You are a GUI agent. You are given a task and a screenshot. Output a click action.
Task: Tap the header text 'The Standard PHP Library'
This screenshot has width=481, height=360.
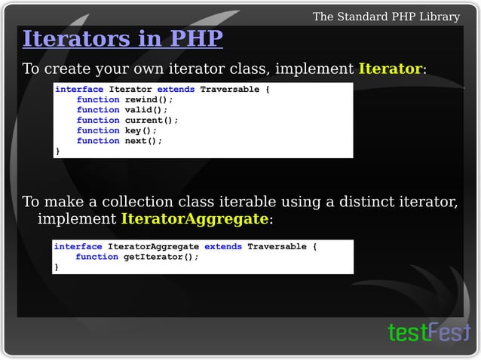click(385, 17)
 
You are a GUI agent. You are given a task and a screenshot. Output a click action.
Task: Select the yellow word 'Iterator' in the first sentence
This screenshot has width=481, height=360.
click(390, 69)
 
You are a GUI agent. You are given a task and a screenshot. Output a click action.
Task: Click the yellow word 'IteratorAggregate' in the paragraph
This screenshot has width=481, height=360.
click(195, 219)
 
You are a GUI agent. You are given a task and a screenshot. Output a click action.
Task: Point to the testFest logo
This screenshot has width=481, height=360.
click(428, 332)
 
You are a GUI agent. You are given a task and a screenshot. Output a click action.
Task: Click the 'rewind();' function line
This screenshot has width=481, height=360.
click(124, 99)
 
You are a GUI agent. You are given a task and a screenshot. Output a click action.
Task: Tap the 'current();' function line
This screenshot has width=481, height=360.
click(127, 121)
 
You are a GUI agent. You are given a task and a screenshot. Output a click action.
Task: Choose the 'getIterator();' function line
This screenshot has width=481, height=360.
click(137, 257)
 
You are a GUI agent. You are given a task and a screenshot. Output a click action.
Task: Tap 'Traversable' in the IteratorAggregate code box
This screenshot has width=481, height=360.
click(277, 246)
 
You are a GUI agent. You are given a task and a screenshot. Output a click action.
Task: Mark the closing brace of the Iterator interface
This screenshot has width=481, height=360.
click(57, 151)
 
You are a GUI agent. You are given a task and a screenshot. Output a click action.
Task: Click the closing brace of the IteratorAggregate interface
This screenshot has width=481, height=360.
click(56, 267)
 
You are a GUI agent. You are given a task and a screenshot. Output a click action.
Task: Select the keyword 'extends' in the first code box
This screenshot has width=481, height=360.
click(176, 90)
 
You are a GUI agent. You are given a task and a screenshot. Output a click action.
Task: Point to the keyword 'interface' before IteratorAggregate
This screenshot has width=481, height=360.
click(78, 246)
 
